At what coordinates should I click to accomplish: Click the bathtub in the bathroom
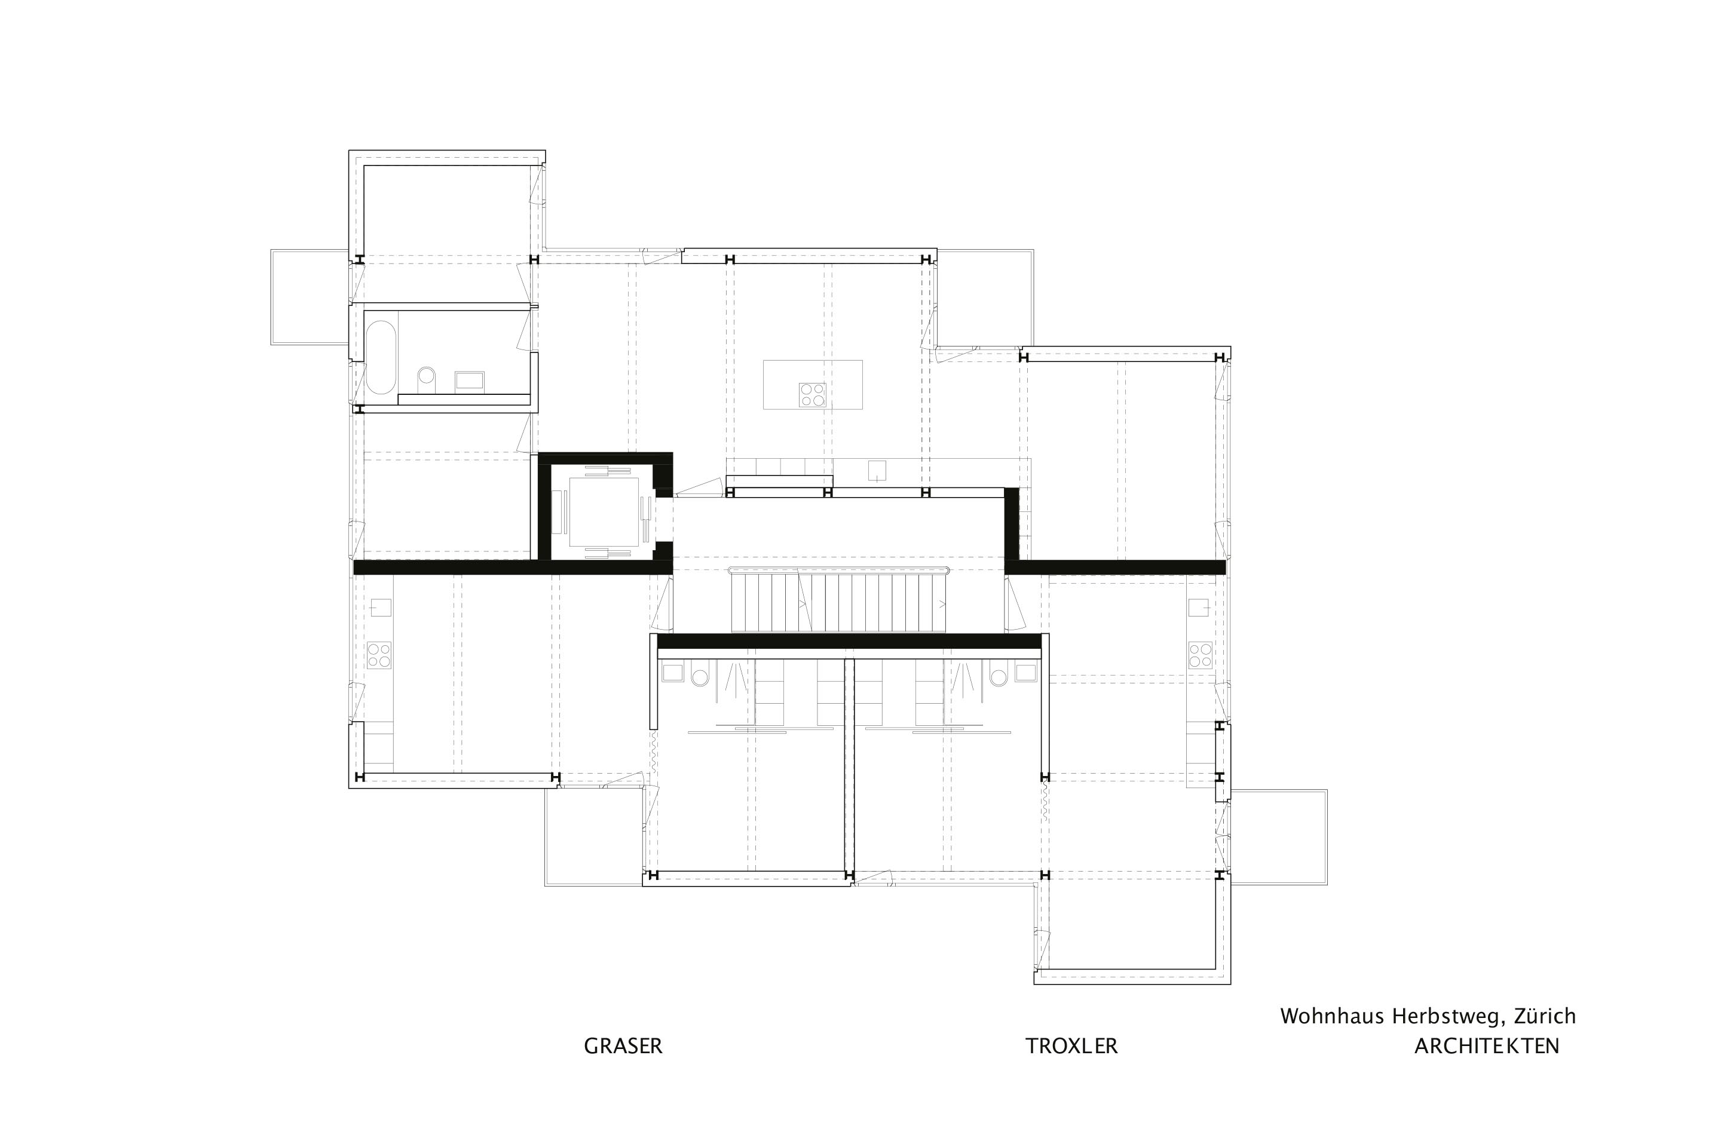[x=381, y=357]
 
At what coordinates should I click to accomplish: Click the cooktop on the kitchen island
[x=812, y=395]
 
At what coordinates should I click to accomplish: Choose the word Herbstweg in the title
[x=1448, y=1017]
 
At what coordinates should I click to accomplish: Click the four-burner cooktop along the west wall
[x=379, y=655]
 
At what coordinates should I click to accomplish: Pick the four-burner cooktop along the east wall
[x=1200, y=655]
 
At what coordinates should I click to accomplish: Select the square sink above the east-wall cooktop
[x=1199, y=607]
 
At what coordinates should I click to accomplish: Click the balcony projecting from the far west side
[x=310, y=298]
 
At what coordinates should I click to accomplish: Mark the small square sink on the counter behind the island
[x=877, y=470]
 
